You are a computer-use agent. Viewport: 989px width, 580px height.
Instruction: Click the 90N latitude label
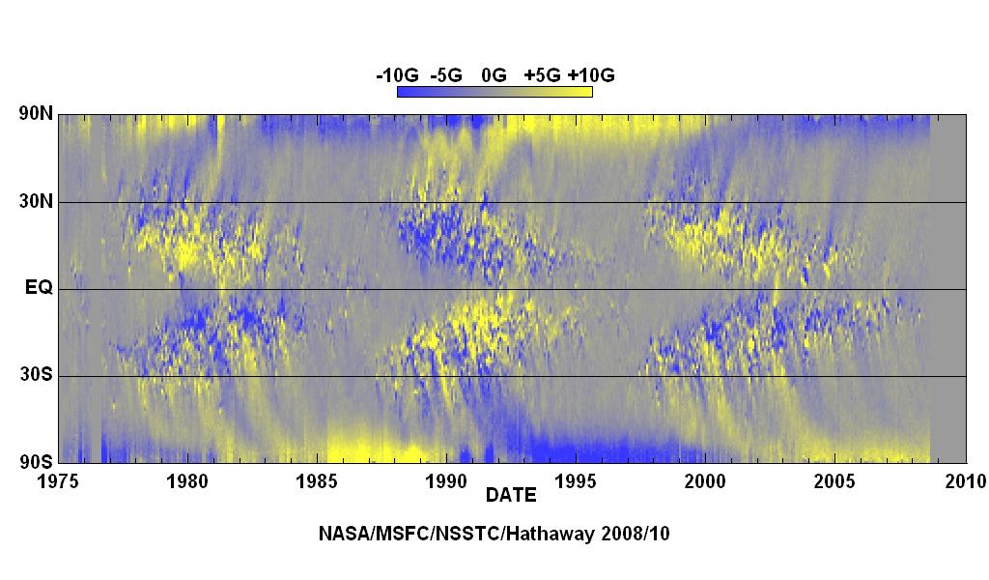point(37,114)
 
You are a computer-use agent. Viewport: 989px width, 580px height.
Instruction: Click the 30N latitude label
point(37,202)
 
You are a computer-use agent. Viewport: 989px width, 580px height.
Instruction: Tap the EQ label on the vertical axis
point(39,288)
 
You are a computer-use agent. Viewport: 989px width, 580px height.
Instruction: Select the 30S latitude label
point(37,374)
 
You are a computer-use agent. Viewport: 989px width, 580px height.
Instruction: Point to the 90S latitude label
point(37,462)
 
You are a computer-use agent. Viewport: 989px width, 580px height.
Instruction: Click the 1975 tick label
point(58,481)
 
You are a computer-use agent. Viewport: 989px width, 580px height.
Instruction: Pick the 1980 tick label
point(187,481)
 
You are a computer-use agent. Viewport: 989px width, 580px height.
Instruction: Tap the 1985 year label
point(317,481)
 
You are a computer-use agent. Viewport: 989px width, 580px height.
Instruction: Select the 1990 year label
point(446,481)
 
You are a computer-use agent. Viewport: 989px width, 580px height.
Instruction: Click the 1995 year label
point(576,481)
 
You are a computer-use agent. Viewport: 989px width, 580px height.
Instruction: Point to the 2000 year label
point(705,481)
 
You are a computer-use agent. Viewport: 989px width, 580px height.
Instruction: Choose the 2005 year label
point(835,481)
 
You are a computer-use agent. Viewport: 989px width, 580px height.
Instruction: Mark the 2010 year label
point(965,481)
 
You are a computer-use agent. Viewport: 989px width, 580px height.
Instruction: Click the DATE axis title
point(511,495)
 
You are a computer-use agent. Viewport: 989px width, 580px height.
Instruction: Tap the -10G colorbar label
point(397,75)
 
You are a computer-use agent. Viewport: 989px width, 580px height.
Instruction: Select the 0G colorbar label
point(494,75)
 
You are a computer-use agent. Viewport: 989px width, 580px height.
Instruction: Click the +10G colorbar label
point(591,75)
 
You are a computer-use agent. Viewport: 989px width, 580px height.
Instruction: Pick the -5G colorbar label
point(446,75)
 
